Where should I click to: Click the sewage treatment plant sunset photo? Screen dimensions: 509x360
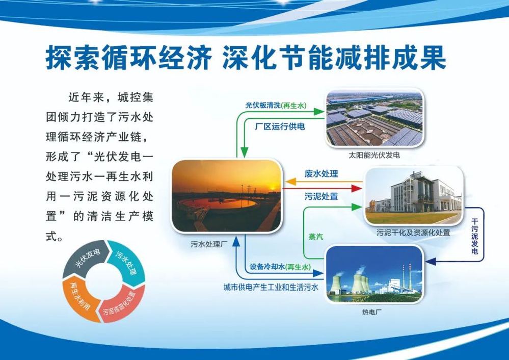[226, 196]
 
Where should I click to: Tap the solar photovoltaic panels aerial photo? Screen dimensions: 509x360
[374, 118]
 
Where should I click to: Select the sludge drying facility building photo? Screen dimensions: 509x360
[414, 196]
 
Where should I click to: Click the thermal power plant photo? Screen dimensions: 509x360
[374, 274]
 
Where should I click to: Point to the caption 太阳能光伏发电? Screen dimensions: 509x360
[374, 156]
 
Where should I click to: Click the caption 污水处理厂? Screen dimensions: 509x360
[206, 244]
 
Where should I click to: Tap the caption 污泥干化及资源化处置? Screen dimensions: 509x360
[413, 233]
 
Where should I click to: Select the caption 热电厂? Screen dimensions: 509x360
[371, 312]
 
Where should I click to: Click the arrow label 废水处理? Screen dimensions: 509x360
[321, 174]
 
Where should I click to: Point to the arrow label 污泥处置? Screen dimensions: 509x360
[321, 196]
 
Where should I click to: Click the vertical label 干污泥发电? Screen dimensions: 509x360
[474, 236]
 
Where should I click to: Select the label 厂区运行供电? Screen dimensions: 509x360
[280, 126]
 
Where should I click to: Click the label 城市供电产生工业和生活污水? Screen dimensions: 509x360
[271, 287]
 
